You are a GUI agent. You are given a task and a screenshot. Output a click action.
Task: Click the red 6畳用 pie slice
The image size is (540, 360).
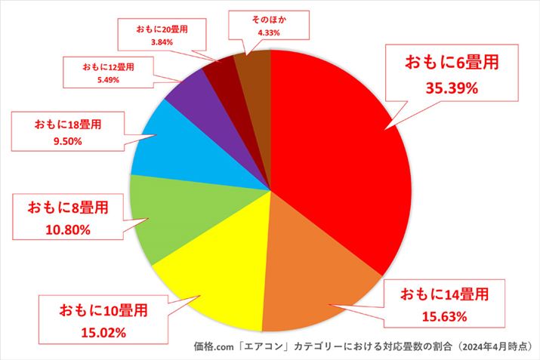pos(340,166)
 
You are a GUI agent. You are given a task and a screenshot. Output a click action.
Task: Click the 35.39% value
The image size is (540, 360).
pos(452,88)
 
